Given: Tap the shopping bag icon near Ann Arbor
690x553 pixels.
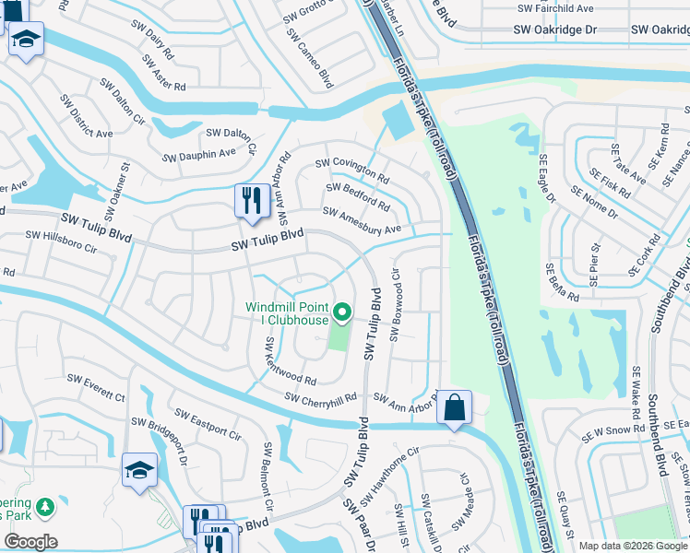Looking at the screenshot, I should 455,407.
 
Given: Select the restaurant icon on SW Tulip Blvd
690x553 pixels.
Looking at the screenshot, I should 251,199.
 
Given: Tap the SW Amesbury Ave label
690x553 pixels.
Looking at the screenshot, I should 363,220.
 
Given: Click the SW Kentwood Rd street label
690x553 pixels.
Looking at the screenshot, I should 290,358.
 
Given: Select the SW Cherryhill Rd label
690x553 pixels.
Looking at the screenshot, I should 321,398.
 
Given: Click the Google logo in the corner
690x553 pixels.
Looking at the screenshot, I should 30,541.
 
